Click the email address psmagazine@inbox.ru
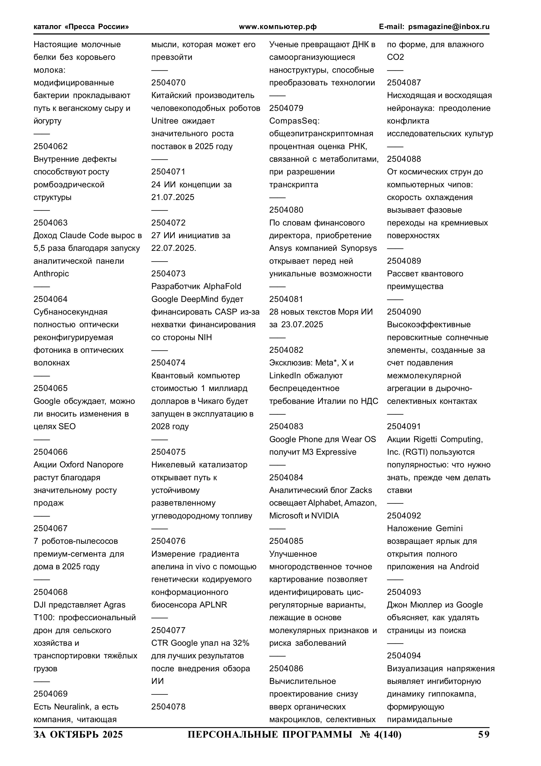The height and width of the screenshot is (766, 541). coord(449,27)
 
